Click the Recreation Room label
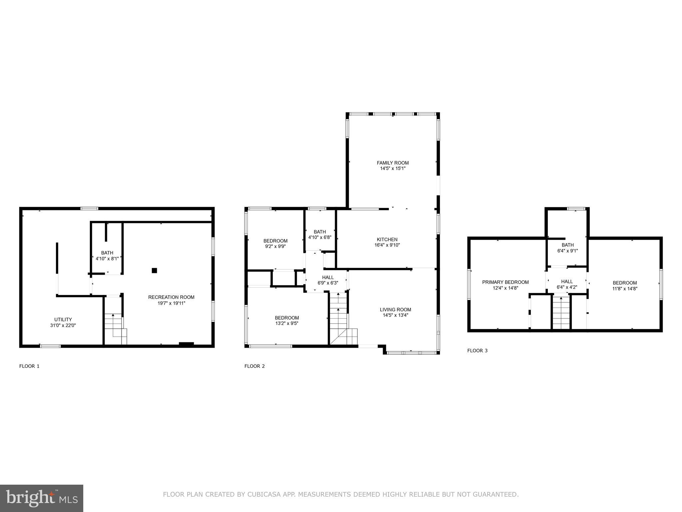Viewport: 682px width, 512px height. point(171,297)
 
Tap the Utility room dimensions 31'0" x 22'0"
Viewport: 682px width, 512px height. point(63,325)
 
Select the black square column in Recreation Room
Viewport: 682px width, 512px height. point(154,271)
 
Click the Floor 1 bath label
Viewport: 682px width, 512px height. point(107,253)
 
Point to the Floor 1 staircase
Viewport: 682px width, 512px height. point(115,328)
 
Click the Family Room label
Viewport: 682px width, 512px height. point(393,163)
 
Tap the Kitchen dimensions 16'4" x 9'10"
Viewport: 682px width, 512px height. point(387,245)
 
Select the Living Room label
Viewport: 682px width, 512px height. point(395,309)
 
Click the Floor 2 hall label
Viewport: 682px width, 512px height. point(328,277)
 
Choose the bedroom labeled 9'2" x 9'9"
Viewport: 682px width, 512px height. point(275,243)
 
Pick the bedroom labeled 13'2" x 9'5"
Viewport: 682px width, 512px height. point(287,320)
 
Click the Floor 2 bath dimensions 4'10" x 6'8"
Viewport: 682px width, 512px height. point(320,237)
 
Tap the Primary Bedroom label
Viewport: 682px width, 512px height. point(505,282)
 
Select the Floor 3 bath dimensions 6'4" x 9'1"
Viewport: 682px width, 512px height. point(567,251)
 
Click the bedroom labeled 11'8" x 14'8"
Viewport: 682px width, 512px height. point(625,286)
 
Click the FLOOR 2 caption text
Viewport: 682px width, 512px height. point(254,366)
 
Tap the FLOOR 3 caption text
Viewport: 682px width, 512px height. point(477,350)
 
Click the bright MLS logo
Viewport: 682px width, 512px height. point(42,498)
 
